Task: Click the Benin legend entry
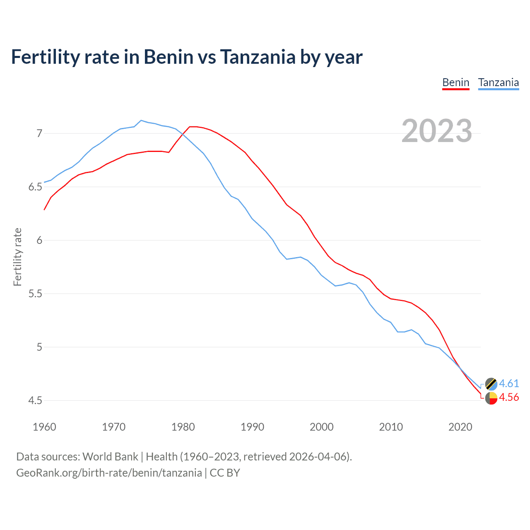click(x=455, y=82)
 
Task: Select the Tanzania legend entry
click(x=498, y=82)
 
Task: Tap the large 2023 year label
click(x=437, y=131)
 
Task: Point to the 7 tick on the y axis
click(x=39, y=133)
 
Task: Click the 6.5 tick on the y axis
click(x=35, y=187)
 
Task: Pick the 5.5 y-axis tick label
click(x=35, y=294)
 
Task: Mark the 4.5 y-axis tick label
click(x=35, y=400)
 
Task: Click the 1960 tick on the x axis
click(x=44, y=427)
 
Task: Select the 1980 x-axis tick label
click(x=183, y=427)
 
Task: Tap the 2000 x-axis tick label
click(x=321, y=427)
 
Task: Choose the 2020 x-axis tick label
click(x=460, y=427)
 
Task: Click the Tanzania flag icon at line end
click(x=491, y=384)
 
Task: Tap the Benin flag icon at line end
click(x=491, y=398)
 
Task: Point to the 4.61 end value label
click(x=509, y=383)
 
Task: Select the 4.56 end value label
click(x=509, y=397)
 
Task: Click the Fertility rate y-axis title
click(x=17, y=257)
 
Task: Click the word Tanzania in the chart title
click(x=258, y=57)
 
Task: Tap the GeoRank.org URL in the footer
click(x=109, y=472)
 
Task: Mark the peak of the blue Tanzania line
click(x=141, y=120)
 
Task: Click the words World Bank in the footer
click(x=110, y=456)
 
